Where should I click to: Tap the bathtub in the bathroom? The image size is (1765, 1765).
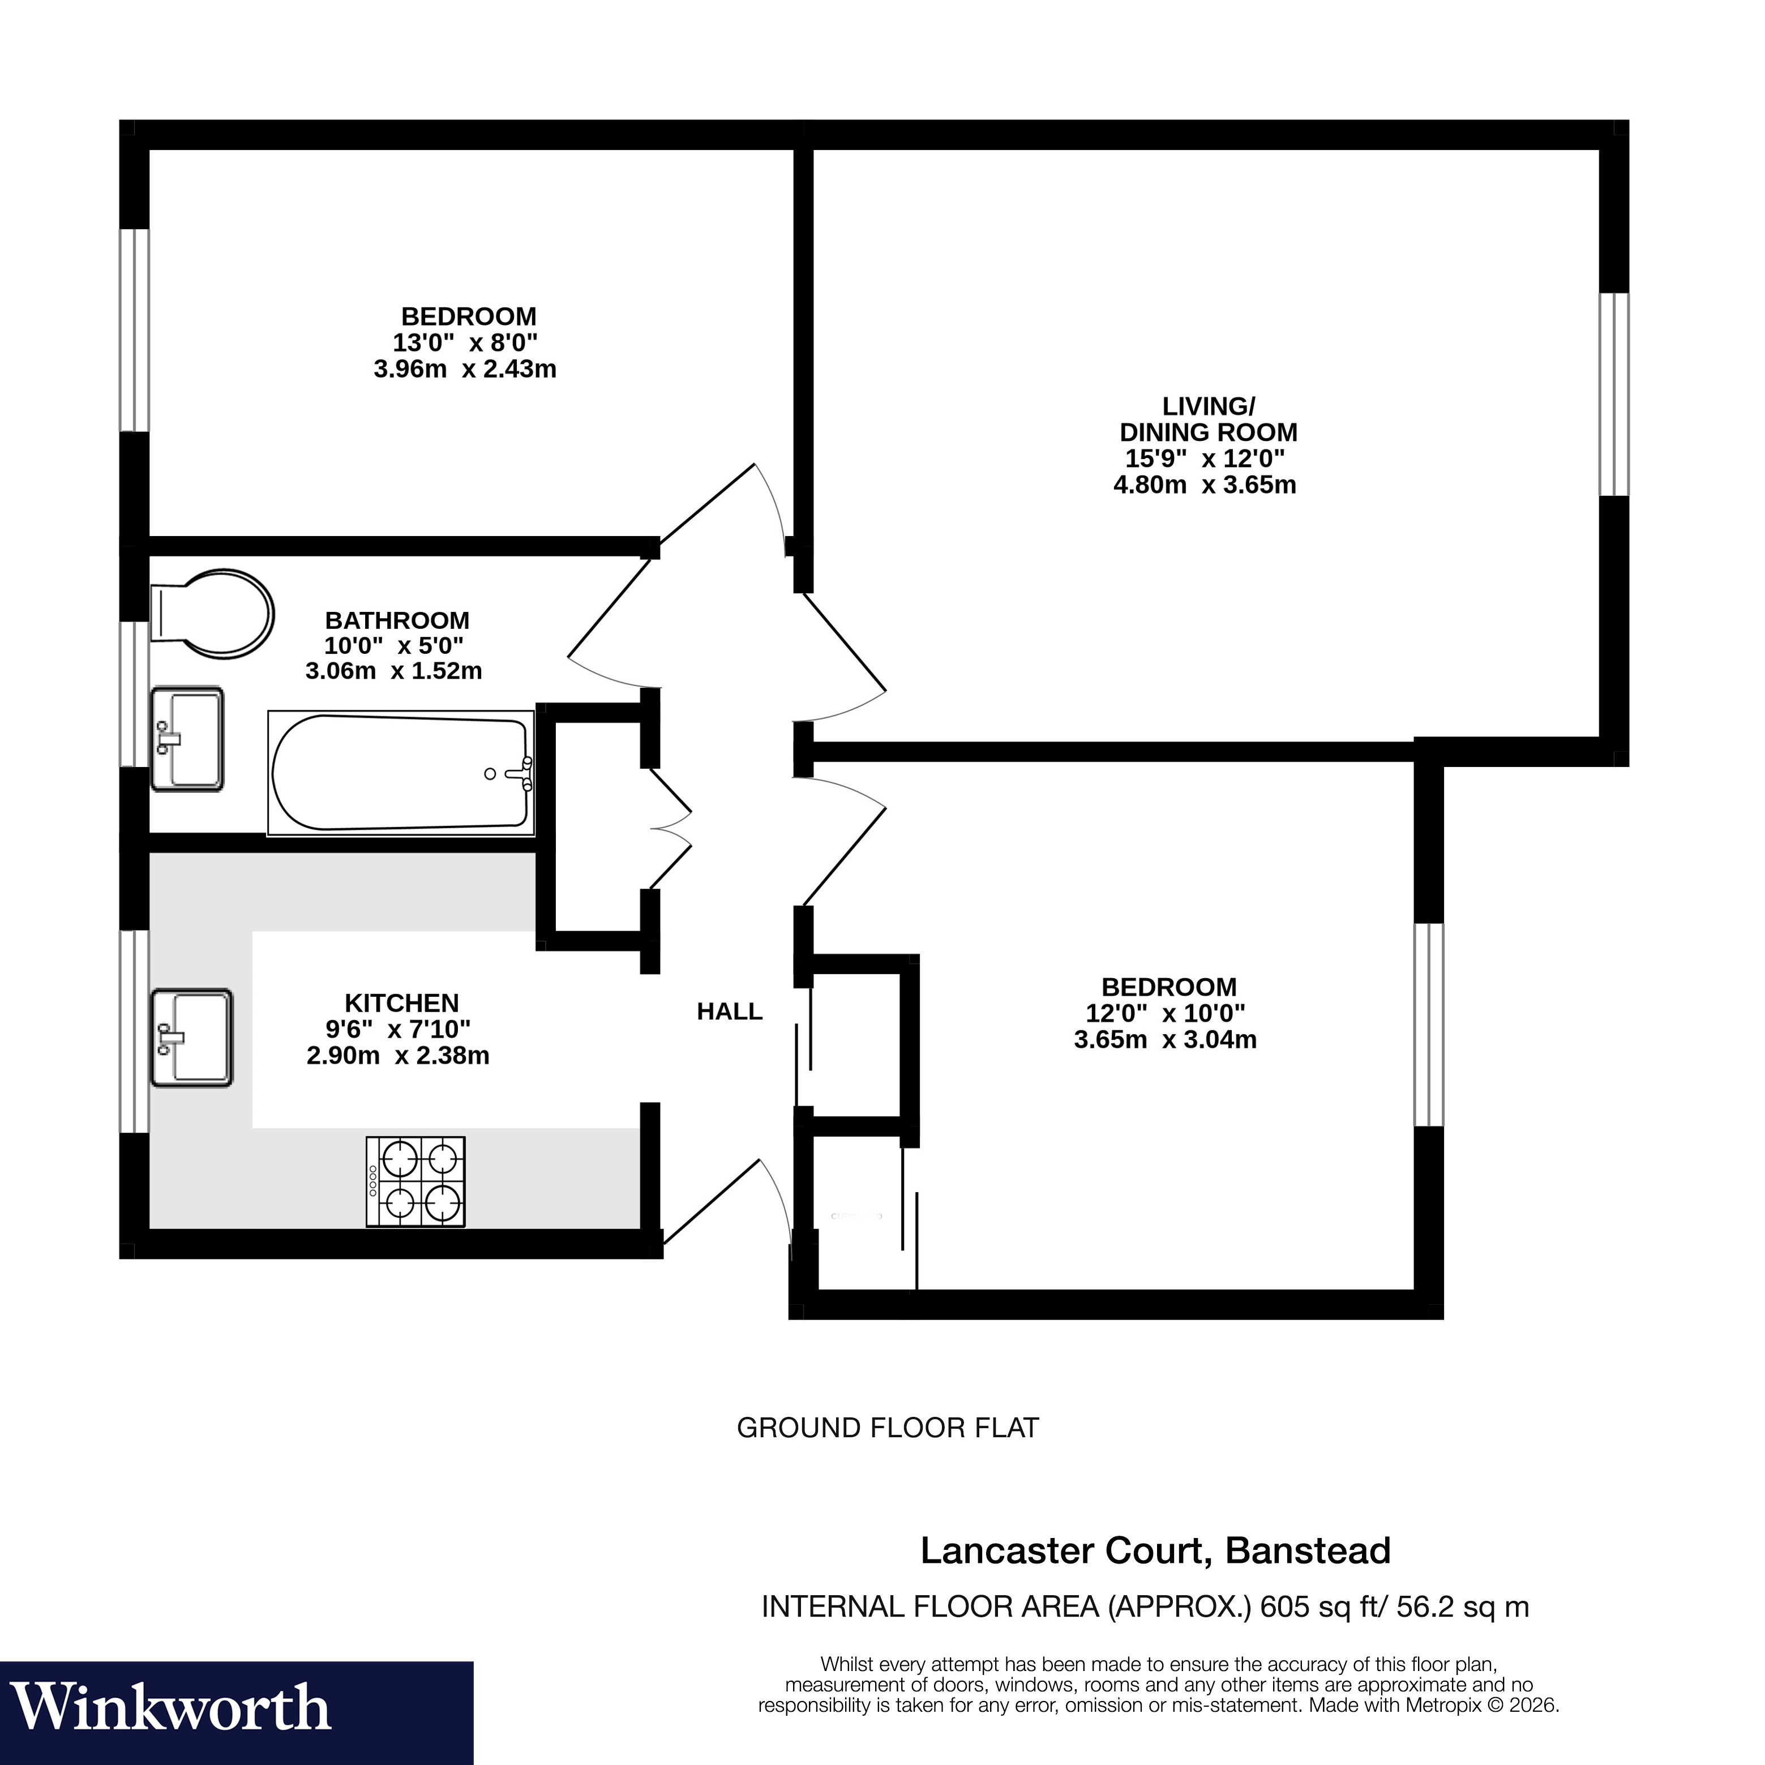(400, 773)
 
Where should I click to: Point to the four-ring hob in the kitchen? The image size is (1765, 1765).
(415, 1181)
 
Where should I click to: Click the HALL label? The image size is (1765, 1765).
(729, 1012)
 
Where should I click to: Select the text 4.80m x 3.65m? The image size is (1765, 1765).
(1204, 485)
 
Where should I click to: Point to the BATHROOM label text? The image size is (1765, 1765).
(397, 620)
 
